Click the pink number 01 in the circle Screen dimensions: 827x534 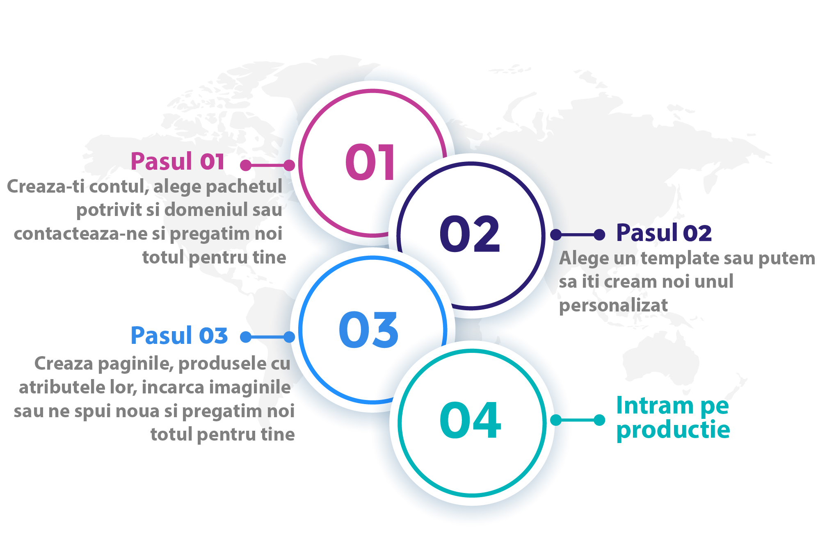pyautogui.click(x=370, y=162)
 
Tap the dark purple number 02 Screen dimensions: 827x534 pyautogui.click(x=470, y=234)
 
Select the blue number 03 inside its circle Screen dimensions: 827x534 pyautogui.click(x=368, y=330)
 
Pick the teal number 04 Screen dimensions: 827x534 pyautogui.click(x=470, y=420)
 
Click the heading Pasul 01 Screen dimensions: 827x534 pyautogui.click(x=177, y=161)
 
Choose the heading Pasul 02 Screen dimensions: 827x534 pyautogui.click(x=664, y=233)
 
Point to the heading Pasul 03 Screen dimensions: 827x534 pyautogui.click(x=179, y=336)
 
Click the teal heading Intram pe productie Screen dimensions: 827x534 pyautogui.click(x=673, y=418)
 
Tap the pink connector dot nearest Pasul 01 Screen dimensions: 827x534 pyautogui.click(x=246, y=165)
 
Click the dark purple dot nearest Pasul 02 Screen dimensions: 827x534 pyautogui.click(x=599, y=234)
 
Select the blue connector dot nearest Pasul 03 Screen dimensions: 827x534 pyautogui.click(x=246, y=337)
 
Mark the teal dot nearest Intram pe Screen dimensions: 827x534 pyautogui.click(x=599, y=420)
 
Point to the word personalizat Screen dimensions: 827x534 pyautogui.click(x=613, y=306)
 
